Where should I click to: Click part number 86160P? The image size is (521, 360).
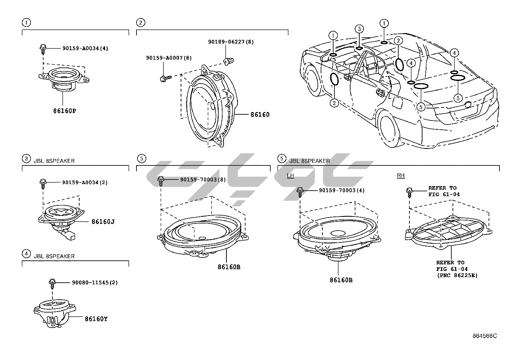64,111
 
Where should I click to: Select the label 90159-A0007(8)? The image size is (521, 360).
169,58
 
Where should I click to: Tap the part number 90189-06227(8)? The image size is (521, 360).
231,42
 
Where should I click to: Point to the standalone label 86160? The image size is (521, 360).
260,114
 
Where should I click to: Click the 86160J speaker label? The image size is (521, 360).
103,222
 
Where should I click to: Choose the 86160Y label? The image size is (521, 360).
96,318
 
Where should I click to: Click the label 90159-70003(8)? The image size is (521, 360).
203,180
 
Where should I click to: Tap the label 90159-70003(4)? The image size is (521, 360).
342,190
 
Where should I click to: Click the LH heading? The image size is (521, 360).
290,176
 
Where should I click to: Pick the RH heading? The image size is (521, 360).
401,176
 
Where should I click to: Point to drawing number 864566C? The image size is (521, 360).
485,336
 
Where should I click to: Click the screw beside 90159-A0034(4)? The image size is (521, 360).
43,49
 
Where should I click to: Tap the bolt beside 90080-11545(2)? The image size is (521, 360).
52,283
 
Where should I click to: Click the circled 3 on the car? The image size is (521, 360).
359,29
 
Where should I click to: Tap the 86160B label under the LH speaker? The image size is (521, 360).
341,280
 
